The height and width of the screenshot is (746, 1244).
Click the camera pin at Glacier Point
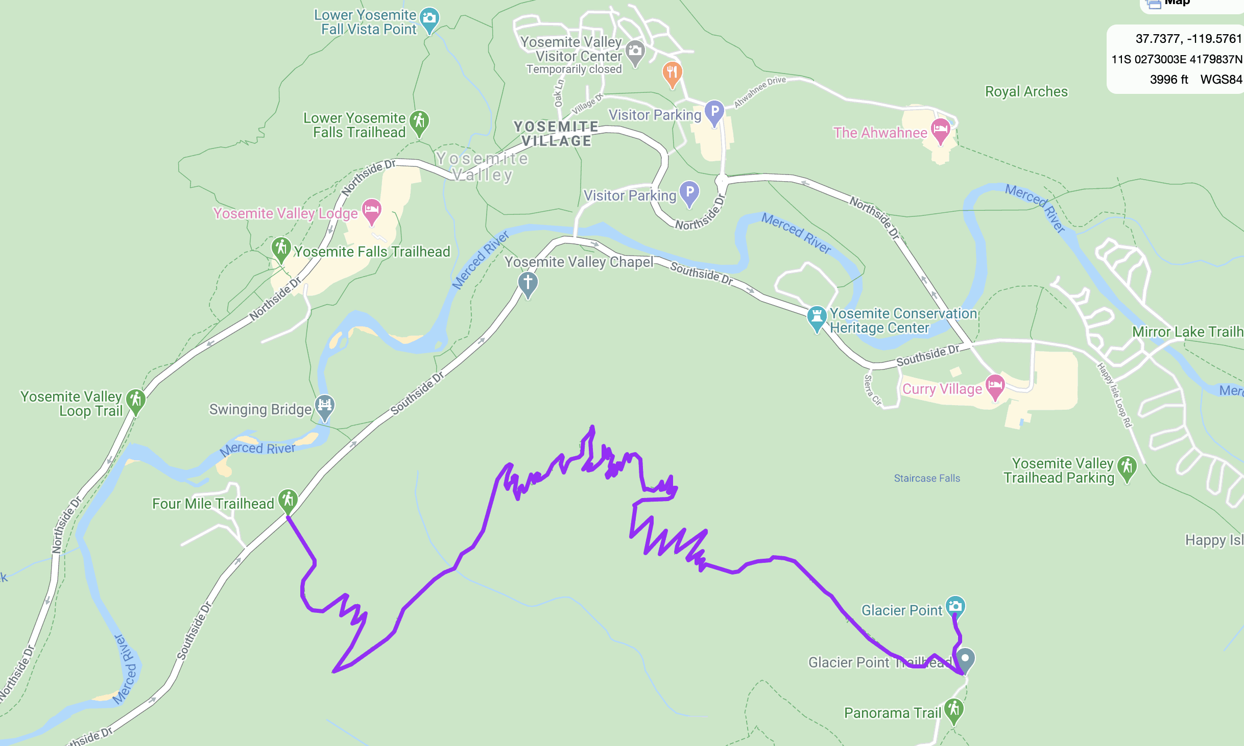pos(955,606)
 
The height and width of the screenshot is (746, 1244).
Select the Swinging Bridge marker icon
pos(325,406)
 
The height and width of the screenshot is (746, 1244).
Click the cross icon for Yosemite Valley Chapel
pos(528,282)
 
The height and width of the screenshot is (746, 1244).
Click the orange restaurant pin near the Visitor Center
pos(672,72)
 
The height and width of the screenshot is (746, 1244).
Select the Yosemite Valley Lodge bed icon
pos(372,209)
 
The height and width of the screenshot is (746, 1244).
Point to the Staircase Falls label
pos(927,478)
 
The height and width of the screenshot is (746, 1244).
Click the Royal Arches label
pos(1026,91)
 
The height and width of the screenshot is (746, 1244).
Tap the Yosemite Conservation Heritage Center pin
pos(817,316)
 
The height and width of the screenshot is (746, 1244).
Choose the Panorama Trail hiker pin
pos(953,709)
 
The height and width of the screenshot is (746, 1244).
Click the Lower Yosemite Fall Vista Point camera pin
pos(429,18)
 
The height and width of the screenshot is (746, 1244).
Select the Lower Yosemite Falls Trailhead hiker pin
pos(419,121)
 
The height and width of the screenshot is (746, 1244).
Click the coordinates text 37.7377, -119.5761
pos(1188,39)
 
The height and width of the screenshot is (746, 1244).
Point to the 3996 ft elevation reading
pos(1168,80)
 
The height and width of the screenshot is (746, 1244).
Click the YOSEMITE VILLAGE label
pos(556,134)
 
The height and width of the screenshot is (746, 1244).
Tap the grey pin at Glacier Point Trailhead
pos(965,658)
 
